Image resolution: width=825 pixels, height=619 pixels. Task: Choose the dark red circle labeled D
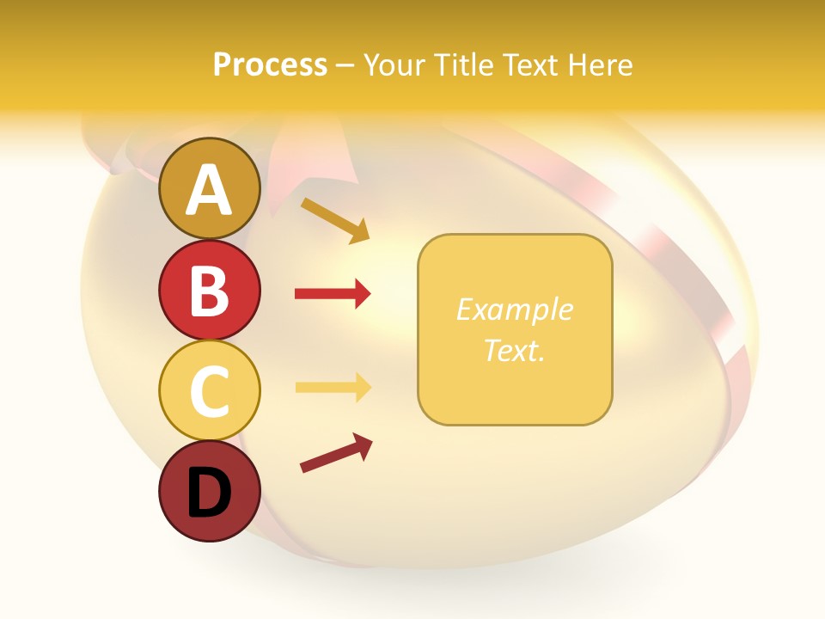(209, 491)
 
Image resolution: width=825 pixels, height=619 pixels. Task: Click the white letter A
(209, 191)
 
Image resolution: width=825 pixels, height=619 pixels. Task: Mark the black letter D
(209, 493)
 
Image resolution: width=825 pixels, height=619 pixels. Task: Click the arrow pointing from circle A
(335, 220)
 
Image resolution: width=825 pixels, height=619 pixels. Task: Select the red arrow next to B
(333, 294)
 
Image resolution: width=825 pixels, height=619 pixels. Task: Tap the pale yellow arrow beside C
(333, 387)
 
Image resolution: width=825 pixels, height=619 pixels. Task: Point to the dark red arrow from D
(336, 453)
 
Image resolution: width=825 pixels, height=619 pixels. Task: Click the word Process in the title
(270, 65)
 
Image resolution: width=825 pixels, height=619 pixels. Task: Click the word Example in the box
(514, 309)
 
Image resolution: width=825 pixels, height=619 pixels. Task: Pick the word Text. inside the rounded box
(514, 350)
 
